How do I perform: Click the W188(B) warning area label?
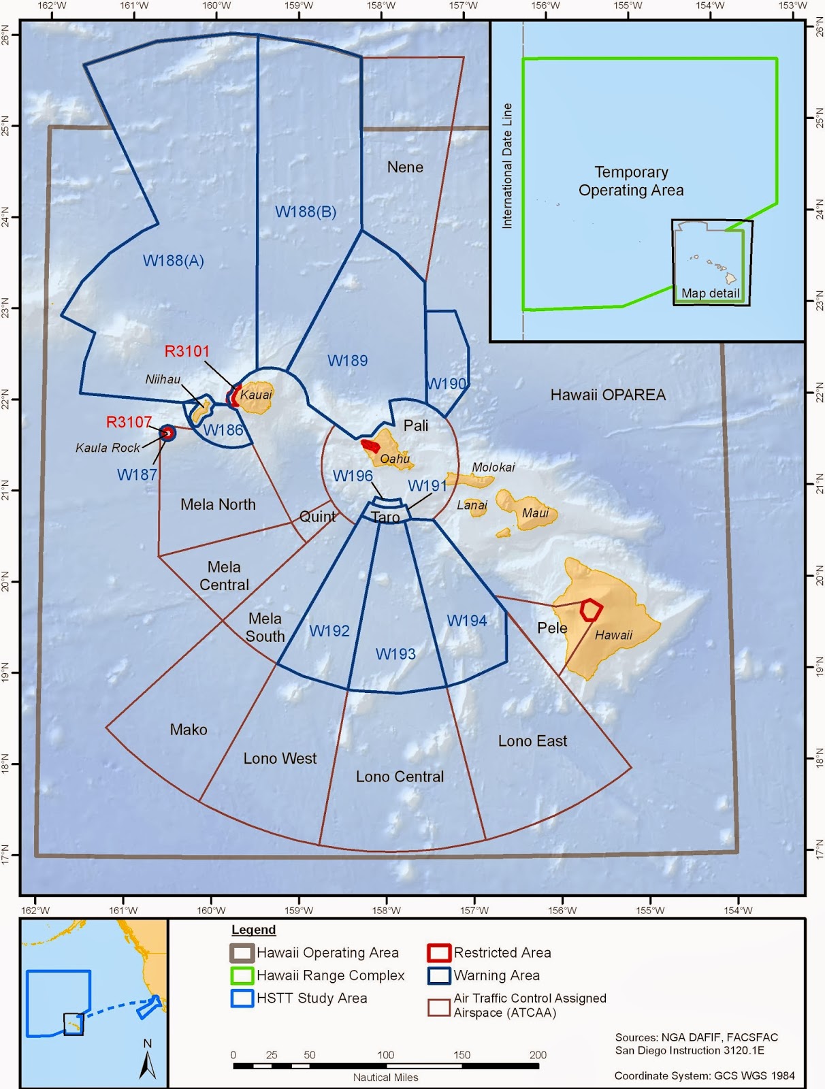306,212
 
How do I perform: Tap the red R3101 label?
187,351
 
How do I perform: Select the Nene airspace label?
405,167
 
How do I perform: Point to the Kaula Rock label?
108,448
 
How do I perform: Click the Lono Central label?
400,777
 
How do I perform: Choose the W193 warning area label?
395,654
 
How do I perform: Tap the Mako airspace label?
189,730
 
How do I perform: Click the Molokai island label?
494,467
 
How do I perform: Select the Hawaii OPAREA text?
608,395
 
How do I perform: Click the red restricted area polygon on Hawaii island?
590,610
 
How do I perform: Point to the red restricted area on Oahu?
370,446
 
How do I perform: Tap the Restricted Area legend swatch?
439,953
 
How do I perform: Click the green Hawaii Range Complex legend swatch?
242,975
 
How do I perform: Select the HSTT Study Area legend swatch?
242,998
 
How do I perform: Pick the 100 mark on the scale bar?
386,1055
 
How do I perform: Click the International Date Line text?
507,166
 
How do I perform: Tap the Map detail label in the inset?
710,293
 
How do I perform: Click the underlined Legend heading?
254,930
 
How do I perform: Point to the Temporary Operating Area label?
631,181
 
